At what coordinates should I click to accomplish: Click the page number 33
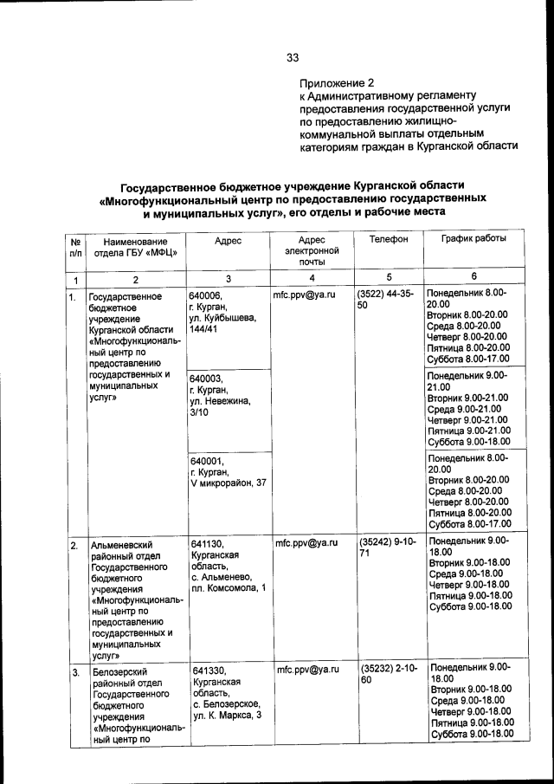coord(293,59)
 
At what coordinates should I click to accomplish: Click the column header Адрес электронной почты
coord(311,249)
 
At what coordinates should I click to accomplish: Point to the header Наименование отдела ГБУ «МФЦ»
coord(134,247)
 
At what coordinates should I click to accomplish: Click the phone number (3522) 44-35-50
coord(385,301)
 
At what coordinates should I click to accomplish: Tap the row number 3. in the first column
coord(75,672)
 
